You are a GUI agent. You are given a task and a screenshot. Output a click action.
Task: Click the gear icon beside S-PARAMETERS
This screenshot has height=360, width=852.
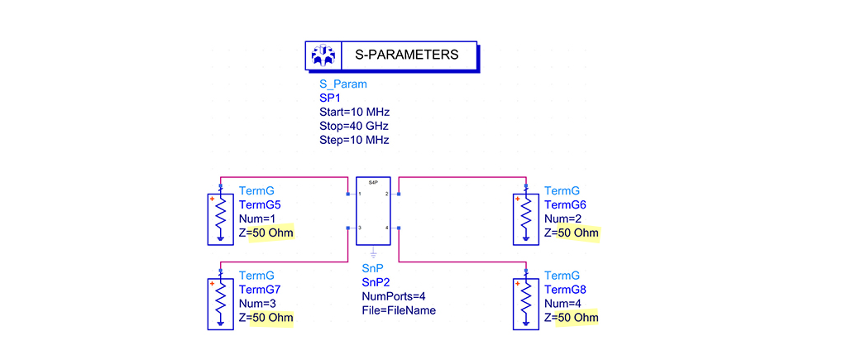pos(323,55)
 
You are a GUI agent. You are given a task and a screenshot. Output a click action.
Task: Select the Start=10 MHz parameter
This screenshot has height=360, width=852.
pos(354,112)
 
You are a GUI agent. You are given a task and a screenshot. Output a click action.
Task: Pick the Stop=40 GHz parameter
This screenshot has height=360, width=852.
pos(353,126)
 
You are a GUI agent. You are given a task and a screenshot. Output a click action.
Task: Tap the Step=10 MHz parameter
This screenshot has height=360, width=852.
pos(354,140)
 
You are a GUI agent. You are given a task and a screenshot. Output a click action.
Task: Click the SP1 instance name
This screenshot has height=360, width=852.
pos(331,98)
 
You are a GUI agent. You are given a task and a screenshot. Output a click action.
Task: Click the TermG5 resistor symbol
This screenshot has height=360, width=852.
pos(221,218)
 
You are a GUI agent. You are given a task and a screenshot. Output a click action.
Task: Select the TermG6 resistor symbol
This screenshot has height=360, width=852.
pos(526,218)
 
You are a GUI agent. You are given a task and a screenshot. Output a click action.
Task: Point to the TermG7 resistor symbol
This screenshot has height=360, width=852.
pos(221,303)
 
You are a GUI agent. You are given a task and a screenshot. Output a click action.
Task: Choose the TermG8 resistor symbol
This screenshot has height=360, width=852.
pos(526,303)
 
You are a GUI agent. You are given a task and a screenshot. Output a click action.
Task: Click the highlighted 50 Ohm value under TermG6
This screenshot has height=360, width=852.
pos(577,233)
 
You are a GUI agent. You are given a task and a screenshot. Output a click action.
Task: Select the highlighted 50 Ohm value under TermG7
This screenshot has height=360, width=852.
pos(272,317)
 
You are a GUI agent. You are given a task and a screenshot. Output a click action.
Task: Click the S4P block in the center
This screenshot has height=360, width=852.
pos(373,212)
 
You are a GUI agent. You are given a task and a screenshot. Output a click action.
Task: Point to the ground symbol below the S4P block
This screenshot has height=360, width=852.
pos(373,252)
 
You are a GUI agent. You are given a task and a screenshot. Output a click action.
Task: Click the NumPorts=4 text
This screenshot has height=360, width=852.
pos(394,295)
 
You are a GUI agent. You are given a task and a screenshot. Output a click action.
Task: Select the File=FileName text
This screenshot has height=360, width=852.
pos(399,310)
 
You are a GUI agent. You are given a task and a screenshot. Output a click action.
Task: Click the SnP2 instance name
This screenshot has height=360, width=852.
pos(376,281)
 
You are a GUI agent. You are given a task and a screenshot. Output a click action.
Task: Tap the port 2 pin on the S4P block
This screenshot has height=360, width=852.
pos(399,194)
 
